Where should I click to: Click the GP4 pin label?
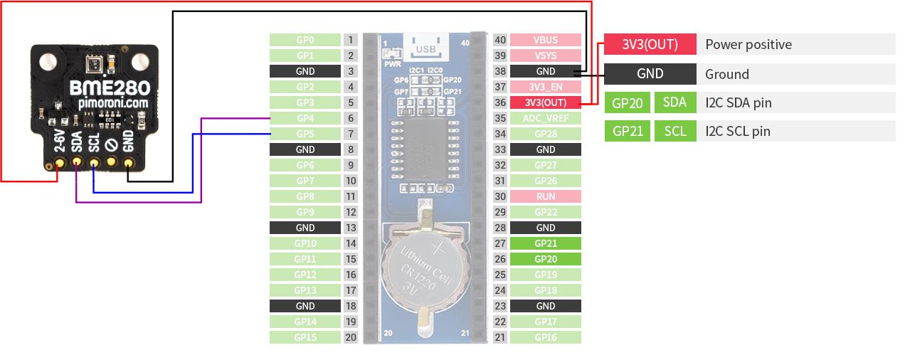[305, 118]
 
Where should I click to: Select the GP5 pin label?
[305, 134]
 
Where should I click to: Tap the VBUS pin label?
[546, 40]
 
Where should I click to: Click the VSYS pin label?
[546, 55]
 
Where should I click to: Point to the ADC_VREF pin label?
[546, 118]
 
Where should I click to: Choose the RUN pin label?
[546, 196]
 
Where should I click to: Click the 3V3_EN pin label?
[546, 87]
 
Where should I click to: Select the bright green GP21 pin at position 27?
[546, 243]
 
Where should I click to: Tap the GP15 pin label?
[305, 337]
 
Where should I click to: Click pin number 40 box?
[500, 40]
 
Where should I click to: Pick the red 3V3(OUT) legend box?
[650, 44]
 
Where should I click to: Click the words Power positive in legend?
[748, 45]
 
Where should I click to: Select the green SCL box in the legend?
[675, 131]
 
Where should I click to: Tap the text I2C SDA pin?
[739, 103]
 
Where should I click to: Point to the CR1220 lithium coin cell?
[424, 268]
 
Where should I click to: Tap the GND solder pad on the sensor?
[129, 164]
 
